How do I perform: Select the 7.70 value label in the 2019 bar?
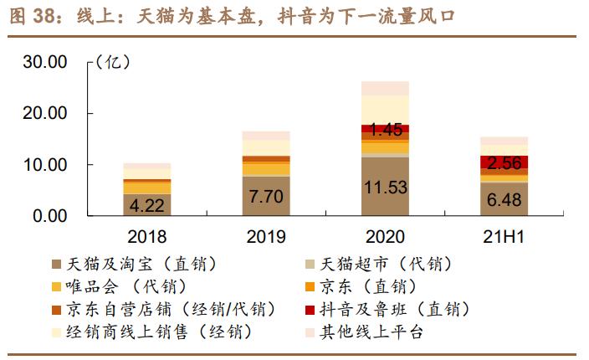click(x=266, y=197)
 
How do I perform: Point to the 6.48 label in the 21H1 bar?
click(x=504, y=199)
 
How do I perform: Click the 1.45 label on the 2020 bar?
click(x=385, y=130)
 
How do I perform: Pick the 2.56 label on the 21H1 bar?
click(x=504, y=162)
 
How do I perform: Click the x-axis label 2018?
click(x=147, y=237)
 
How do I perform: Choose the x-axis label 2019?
click(x=266, y=237)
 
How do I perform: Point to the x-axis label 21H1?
click(x=504, y=237)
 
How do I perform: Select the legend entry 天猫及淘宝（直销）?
click(x=142, y=265)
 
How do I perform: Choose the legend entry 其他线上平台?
click(x=368, y=332)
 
